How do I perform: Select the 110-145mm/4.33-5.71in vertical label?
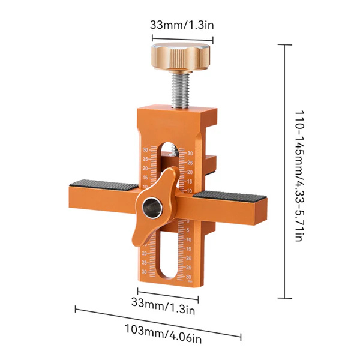pos(298,175)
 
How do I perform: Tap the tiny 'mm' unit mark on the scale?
pos(189,279)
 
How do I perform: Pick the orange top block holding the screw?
pos(174,123)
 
